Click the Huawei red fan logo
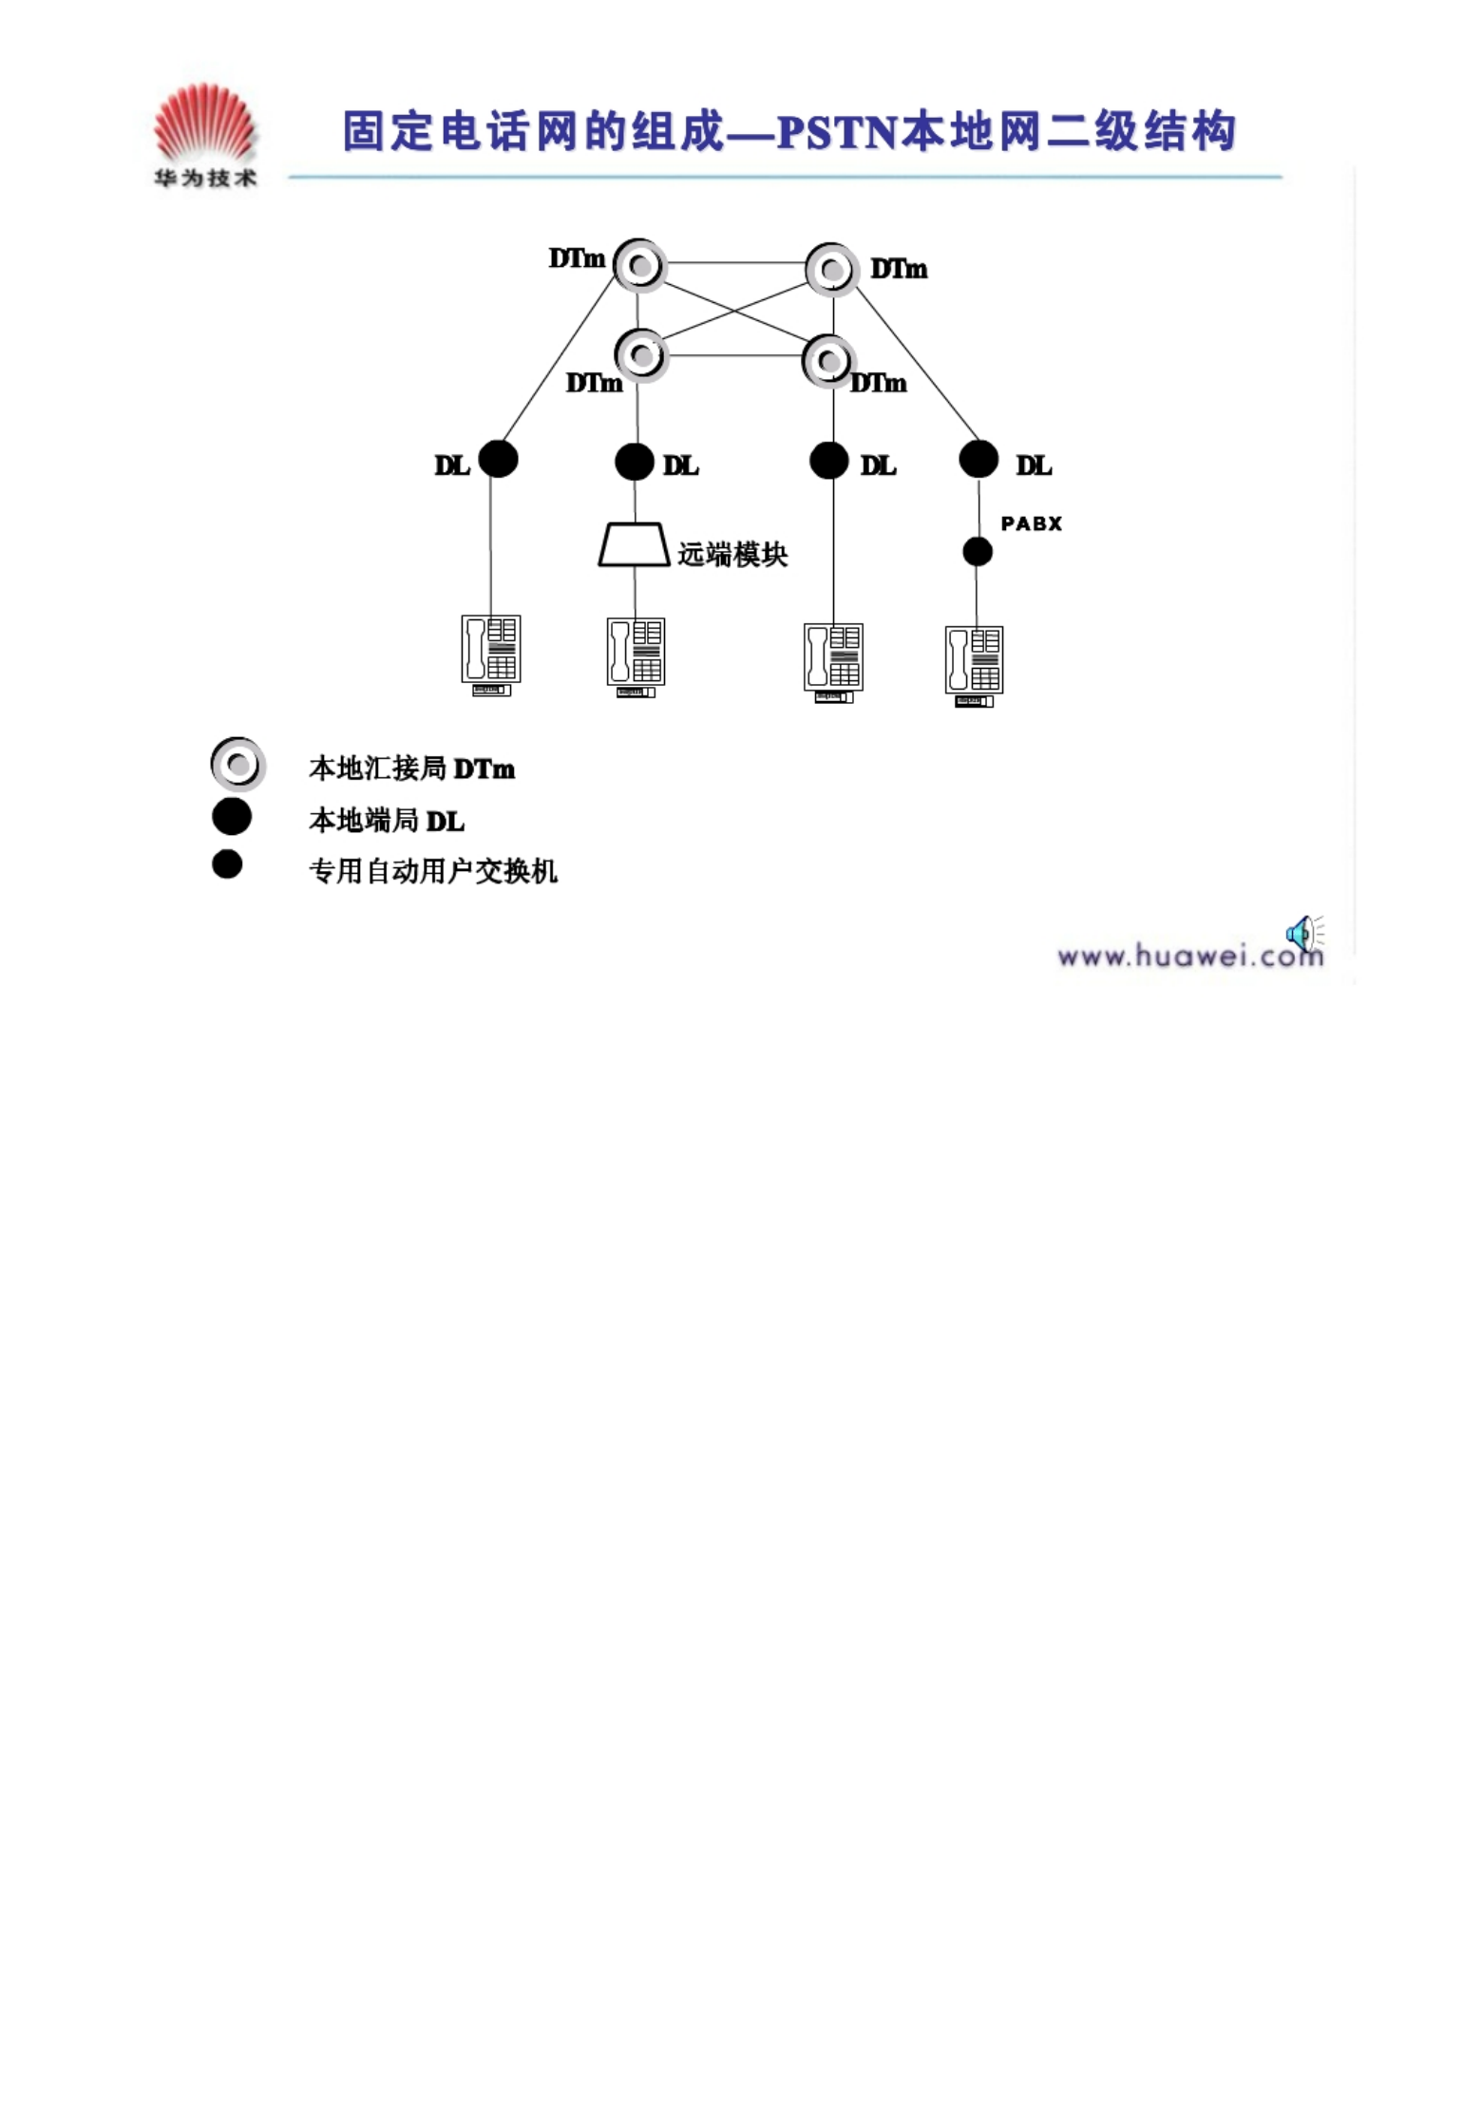tap(205, 123)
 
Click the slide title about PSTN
tap(789, 131)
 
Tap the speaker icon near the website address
tap(1304, 933)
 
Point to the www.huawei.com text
tap(1190, 956)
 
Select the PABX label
tap(1032, 523)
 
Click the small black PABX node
tap(978, 551)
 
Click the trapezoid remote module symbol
tap(634, 544)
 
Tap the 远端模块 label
tap(732, 554)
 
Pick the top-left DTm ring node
tap(639, 265)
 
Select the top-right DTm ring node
tap(832, 270)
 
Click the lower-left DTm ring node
tap(642, 355)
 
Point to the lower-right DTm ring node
tap(829, 361)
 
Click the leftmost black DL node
tap(498, 459)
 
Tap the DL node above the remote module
tap(635, 462)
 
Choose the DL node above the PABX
tap(978, 459)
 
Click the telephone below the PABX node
tap(974, 666)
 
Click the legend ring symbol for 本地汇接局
tap(237, 764)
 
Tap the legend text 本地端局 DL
tap(387, 821)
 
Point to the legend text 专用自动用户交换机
tap(433, 871)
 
